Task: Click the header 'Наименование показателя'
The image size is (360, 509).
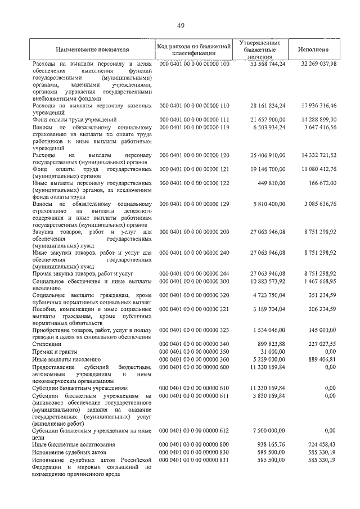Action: pos(92,49)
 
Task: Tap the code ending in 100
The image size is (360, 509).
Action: pos(195,65)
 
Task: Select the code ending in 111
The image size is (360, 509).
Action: pos(195,120)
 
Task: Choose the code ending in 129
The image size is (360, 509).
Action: pos(195,204)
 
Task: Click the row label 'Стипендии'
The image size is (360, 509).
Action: pos(47,344)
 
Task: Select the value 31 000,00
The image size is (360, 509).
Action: pos(272,351)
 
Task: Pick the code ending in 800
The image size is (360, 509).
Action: pos(195,444)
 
